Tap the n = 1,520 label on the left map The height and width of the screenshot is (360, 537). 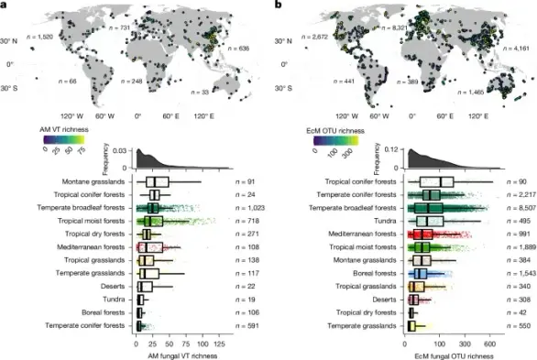pos(42,36)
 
